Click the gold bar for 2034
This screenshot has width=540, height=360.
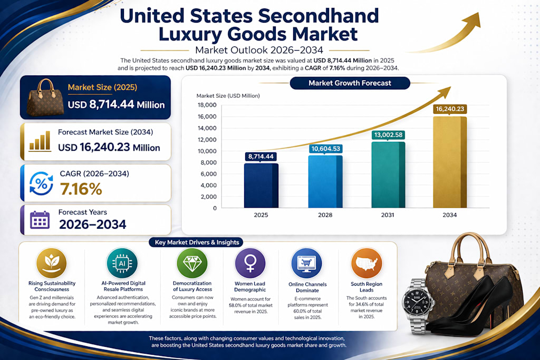click(x=450, y=162)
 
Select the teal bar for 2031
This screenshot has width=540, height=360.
click(x=388, y=175)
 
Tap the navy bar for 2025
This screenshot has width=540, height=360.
click(x=261, y=186)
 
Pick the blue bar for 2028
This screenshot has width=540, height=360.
click(x=325, y=182)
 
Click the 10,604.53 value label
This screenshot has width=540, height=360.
click(x=325, y=149)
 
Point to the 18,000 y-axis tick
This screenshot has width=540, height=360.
click(x=207, y=105)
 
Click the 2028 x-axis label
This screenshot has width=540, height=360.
click(x=325, y=215)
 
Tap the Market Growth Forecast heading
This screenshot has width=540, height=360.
click(x=350, y=83)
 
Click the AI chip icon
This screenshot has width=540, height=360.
click(x=122, y=264)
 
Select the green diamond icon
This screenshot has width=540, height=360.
click(x=192, y=264)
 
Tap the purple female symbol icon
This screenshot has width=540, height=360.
click(x=250, y=264)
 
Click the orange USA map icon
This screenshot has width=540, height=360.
click(x=367, y=264)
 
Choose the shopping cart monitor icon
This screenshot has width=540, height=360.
click(x=306, y=264)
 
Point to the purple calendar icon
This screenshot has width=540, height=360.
click(x=40, y=220)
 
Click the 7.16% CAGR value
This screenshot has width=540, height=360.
click(x=81, y=189)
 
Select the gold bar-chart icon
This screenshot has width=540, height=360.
click(x=40, y=141)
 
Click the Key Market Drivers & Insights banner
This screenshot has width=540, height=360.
click(x=196, y=242)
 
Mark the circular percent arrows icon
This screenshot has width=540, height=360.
click(x=41, y=183)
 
